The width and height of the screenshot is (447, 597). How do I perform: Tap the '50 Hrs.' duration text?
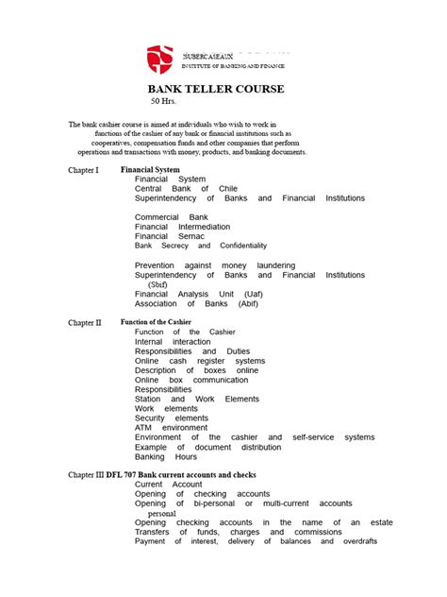(164, 101)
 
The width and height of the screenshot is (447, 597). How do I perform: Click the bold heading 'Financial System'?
(151, 169)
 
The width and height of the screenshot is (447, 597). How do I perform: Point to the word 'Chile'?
(228, 189)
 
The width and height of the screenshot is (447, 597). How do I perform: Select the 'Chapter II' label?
(84, 323)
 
